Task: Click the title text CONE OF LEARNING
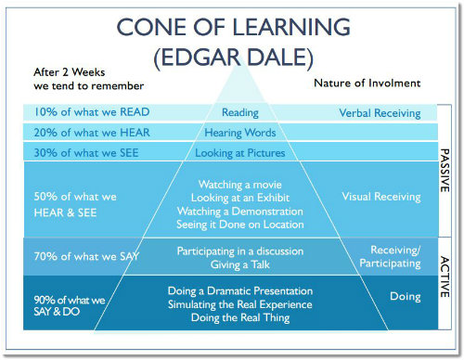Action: (234, 27)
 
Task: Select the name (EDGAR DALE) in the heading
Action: (234, 58)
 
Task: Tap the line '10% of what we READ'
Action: (92, 112)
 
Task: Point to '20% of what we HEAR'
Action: (92, 133)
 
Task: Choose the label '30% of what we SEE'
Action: (86, 153)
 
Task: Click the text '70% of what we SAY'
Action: (86, 256)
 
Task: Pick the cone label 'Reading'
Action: (240, 113)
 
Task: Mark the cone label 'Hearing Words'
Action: (240, 133)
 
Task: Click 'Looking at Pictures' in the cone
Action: (240, 153)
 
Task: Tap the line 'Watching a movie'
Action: (240, 185)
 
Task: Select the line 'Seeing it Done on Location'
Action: (240, 225)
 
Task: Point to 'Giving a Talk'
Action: (240, 264)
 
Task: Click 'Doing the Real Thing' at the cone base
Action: (240, 318)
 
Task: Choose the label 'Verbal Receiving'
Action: (380, 113)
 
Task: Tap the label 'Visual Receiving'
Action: (381, 197)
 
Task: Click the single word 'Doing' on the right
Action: (406, 297)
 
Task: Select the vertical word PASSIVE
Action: (445, 171)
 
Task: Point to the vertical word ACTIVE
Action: (445, 276)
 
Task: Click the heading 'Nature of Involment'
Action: (367, 84)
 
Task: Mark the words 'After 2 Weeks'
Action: (70, 72)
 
